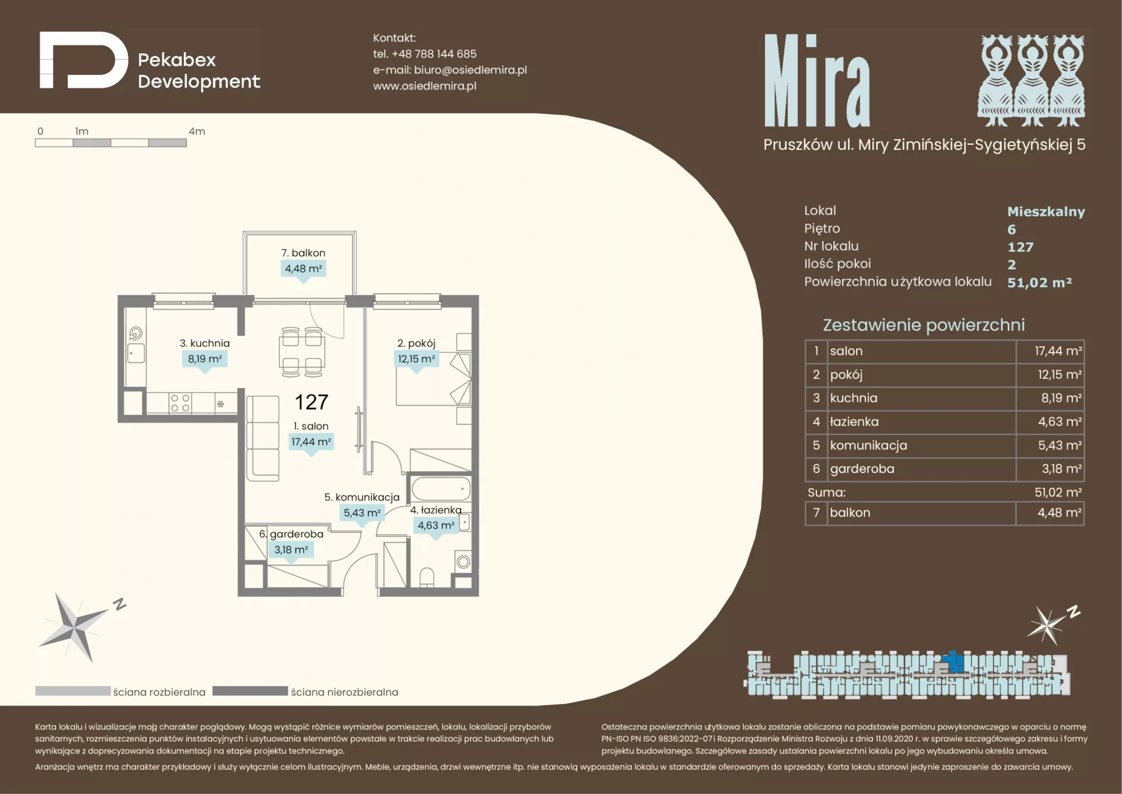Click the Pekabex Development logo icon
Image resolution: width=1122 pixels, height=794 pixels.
(84, 60)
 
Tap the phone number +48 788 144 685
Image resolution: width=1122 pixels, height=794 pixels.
(434, 54)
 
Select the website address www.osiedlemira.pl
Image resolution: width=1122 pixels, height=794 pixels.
(425, 86)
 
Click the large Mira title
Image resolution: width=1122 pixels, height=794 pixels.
(817, 81)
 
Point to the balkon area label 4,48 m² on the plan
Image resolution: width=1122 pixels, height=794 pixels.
(303, 269)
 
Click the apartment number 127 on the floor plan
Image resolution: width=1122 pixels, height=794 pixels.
(311, 402)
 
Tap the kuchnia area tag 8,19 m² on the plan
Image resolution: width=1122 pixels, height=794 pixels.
(205, 359)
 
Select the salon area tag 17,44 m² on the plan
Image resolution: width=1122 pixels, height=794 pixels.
(311, 442)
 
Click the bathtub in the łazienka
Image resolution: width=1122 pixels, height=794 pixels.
(441, 489)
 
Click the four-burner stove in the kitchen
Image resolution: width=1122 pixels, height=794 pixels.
(180, 403)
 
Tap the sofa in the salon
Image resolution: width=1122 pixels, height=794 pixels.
(262, 438)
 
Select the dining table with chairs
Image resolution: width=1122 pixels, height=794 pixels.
(302, 352)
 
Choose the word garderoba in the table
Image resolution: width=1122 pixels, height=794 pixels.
(862, 469)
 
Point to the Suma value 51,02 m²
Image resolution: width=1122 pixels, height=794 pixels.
(1058, 492)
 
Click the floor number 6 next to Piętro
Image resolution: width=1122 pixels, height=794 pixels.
(1012, 229)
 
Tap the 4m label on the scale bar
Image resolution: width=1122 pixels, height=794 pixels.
(197, 132)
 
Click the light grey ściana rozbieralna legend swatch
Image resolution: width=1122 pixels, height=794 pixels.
(72, 691)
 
